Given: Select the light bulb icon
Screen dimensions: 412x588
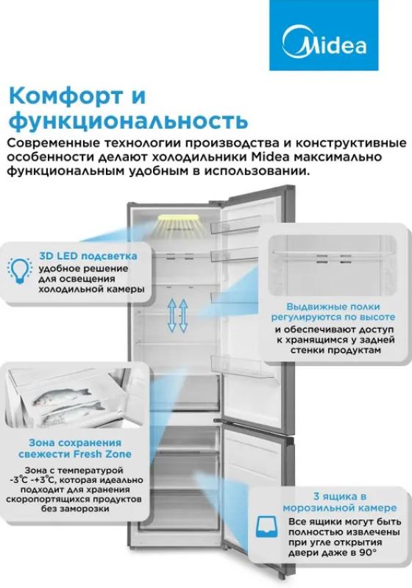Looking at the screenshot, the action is (20, 270).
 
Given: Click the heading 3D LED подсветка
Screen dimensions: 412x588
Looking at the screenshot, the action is (88, 256).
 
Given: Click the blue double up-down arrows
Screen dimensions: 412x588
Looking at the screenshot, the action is (177, 315).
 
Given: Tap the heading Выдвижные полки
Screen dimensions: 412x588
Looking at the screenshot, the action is (333, 306).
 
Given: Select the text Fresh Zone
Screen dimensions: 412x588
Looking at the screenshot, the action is (102, 453).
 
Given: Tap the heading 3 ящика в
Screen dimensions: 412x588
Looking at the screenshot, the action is (340, 497).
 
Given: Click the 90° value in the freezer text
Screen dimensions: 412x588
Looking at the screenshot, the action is (368, 553).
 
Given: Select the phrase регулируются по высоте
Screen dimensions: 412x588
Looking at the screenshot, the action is (333, 318).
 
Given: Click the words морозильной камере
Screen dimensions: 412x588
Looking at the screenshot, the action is (340, 508).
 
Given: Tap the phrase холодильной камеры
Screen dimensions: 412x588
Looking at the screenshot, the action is (92, 290).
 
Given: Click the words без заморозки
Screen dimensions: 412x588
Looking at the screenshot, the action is (75, 509).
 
